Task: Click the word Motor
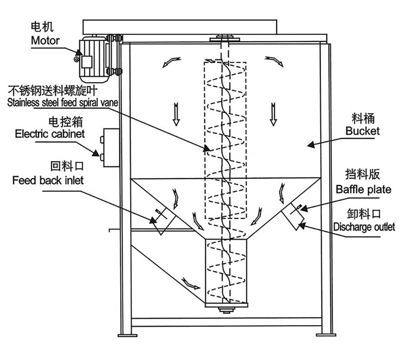coord(45,40)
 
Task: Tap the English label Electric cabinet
coord(50,134)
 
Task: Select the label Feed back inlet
coord(48,180)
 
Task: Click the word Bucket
coord(362,131)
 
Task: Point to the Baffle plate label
coord(363,189)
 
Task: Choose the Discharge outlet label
coord(364,227)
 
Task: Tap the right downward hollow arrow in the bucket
coord(273,115)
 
